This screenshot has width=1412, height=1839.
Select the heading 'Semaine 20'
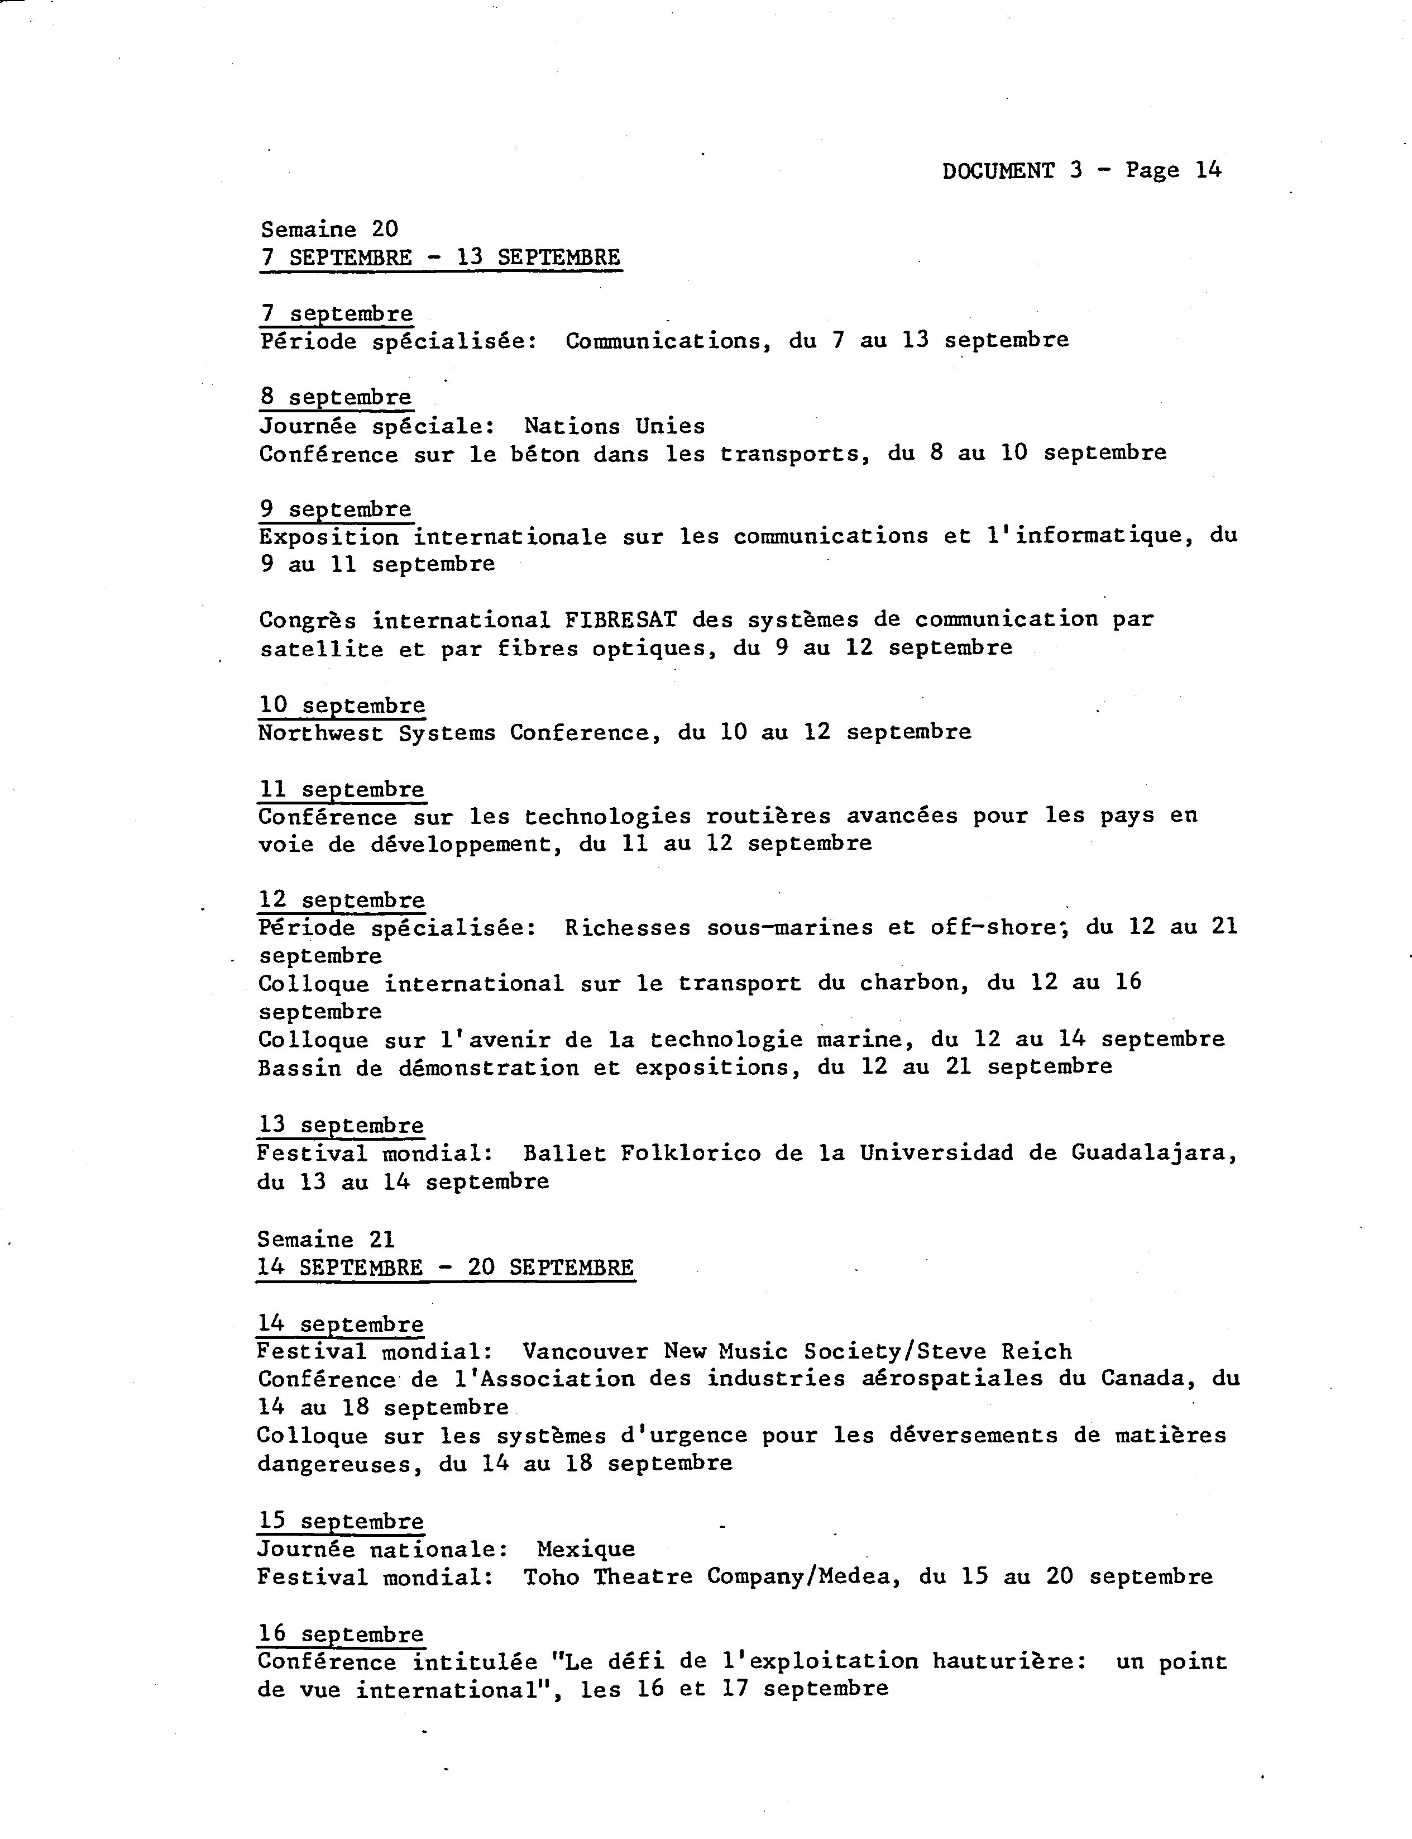[329, 228]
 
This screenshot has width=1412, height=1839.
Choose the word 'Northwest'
[320, 732]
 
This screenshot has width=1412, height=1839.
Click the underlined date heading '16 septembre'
[341, 1634]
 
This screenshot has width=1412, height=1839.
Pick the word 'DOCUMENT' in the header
[998, 171]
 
